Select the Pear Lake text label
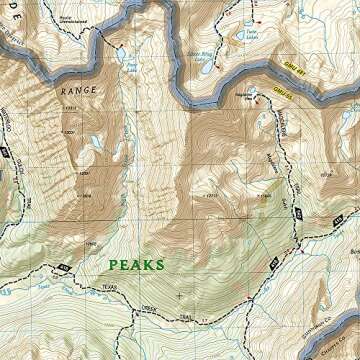[132, 66]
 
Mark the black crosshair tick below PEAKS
[179, 296]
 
